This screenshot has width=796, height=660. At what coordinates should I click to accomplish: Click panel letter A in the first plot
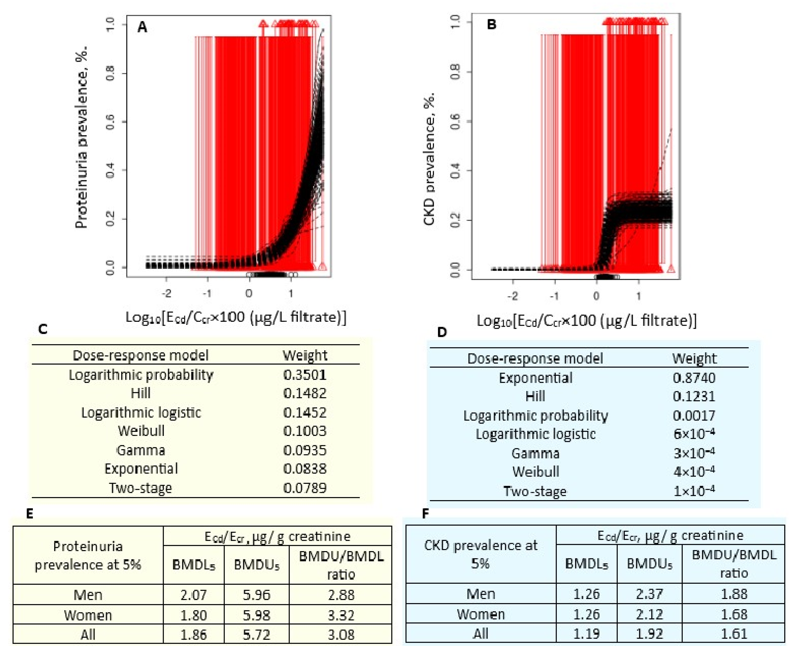(142, 27)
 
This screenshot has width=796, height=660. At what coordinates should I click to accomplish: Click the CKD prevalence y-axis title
(429, 159)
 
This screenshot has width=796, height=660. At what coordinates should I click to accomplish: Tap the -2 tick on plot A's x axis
(166, 293)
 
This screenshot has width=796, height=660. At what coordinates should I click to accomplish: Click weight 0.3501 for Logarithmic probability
(305, 375)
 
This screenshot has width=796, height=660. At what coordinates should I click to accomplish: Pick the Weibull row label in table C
(141, 431)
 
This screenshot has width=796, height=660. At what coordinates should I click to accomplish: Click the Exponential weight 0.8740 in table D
(694, 378)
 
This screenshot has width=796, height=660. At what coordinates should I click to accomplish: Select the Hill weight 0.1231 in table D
(694, 397)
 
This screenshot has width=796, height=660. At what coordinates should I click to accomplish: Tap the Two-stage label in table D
(535, 491)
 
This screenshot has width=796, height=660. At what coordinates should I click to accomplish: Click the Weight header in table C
(305, 355)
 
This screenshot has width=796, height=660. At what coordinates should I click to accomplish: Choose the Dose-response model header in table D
(535, 358)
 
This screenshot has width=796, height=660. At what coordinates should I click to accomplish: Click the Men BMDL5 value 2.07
(194, 595)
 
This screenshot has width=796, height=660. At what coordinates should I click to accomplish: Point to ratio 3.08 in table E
(341, 635)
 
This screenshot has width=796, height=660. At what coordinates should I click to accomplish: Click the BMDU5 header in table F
(649, 564)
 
